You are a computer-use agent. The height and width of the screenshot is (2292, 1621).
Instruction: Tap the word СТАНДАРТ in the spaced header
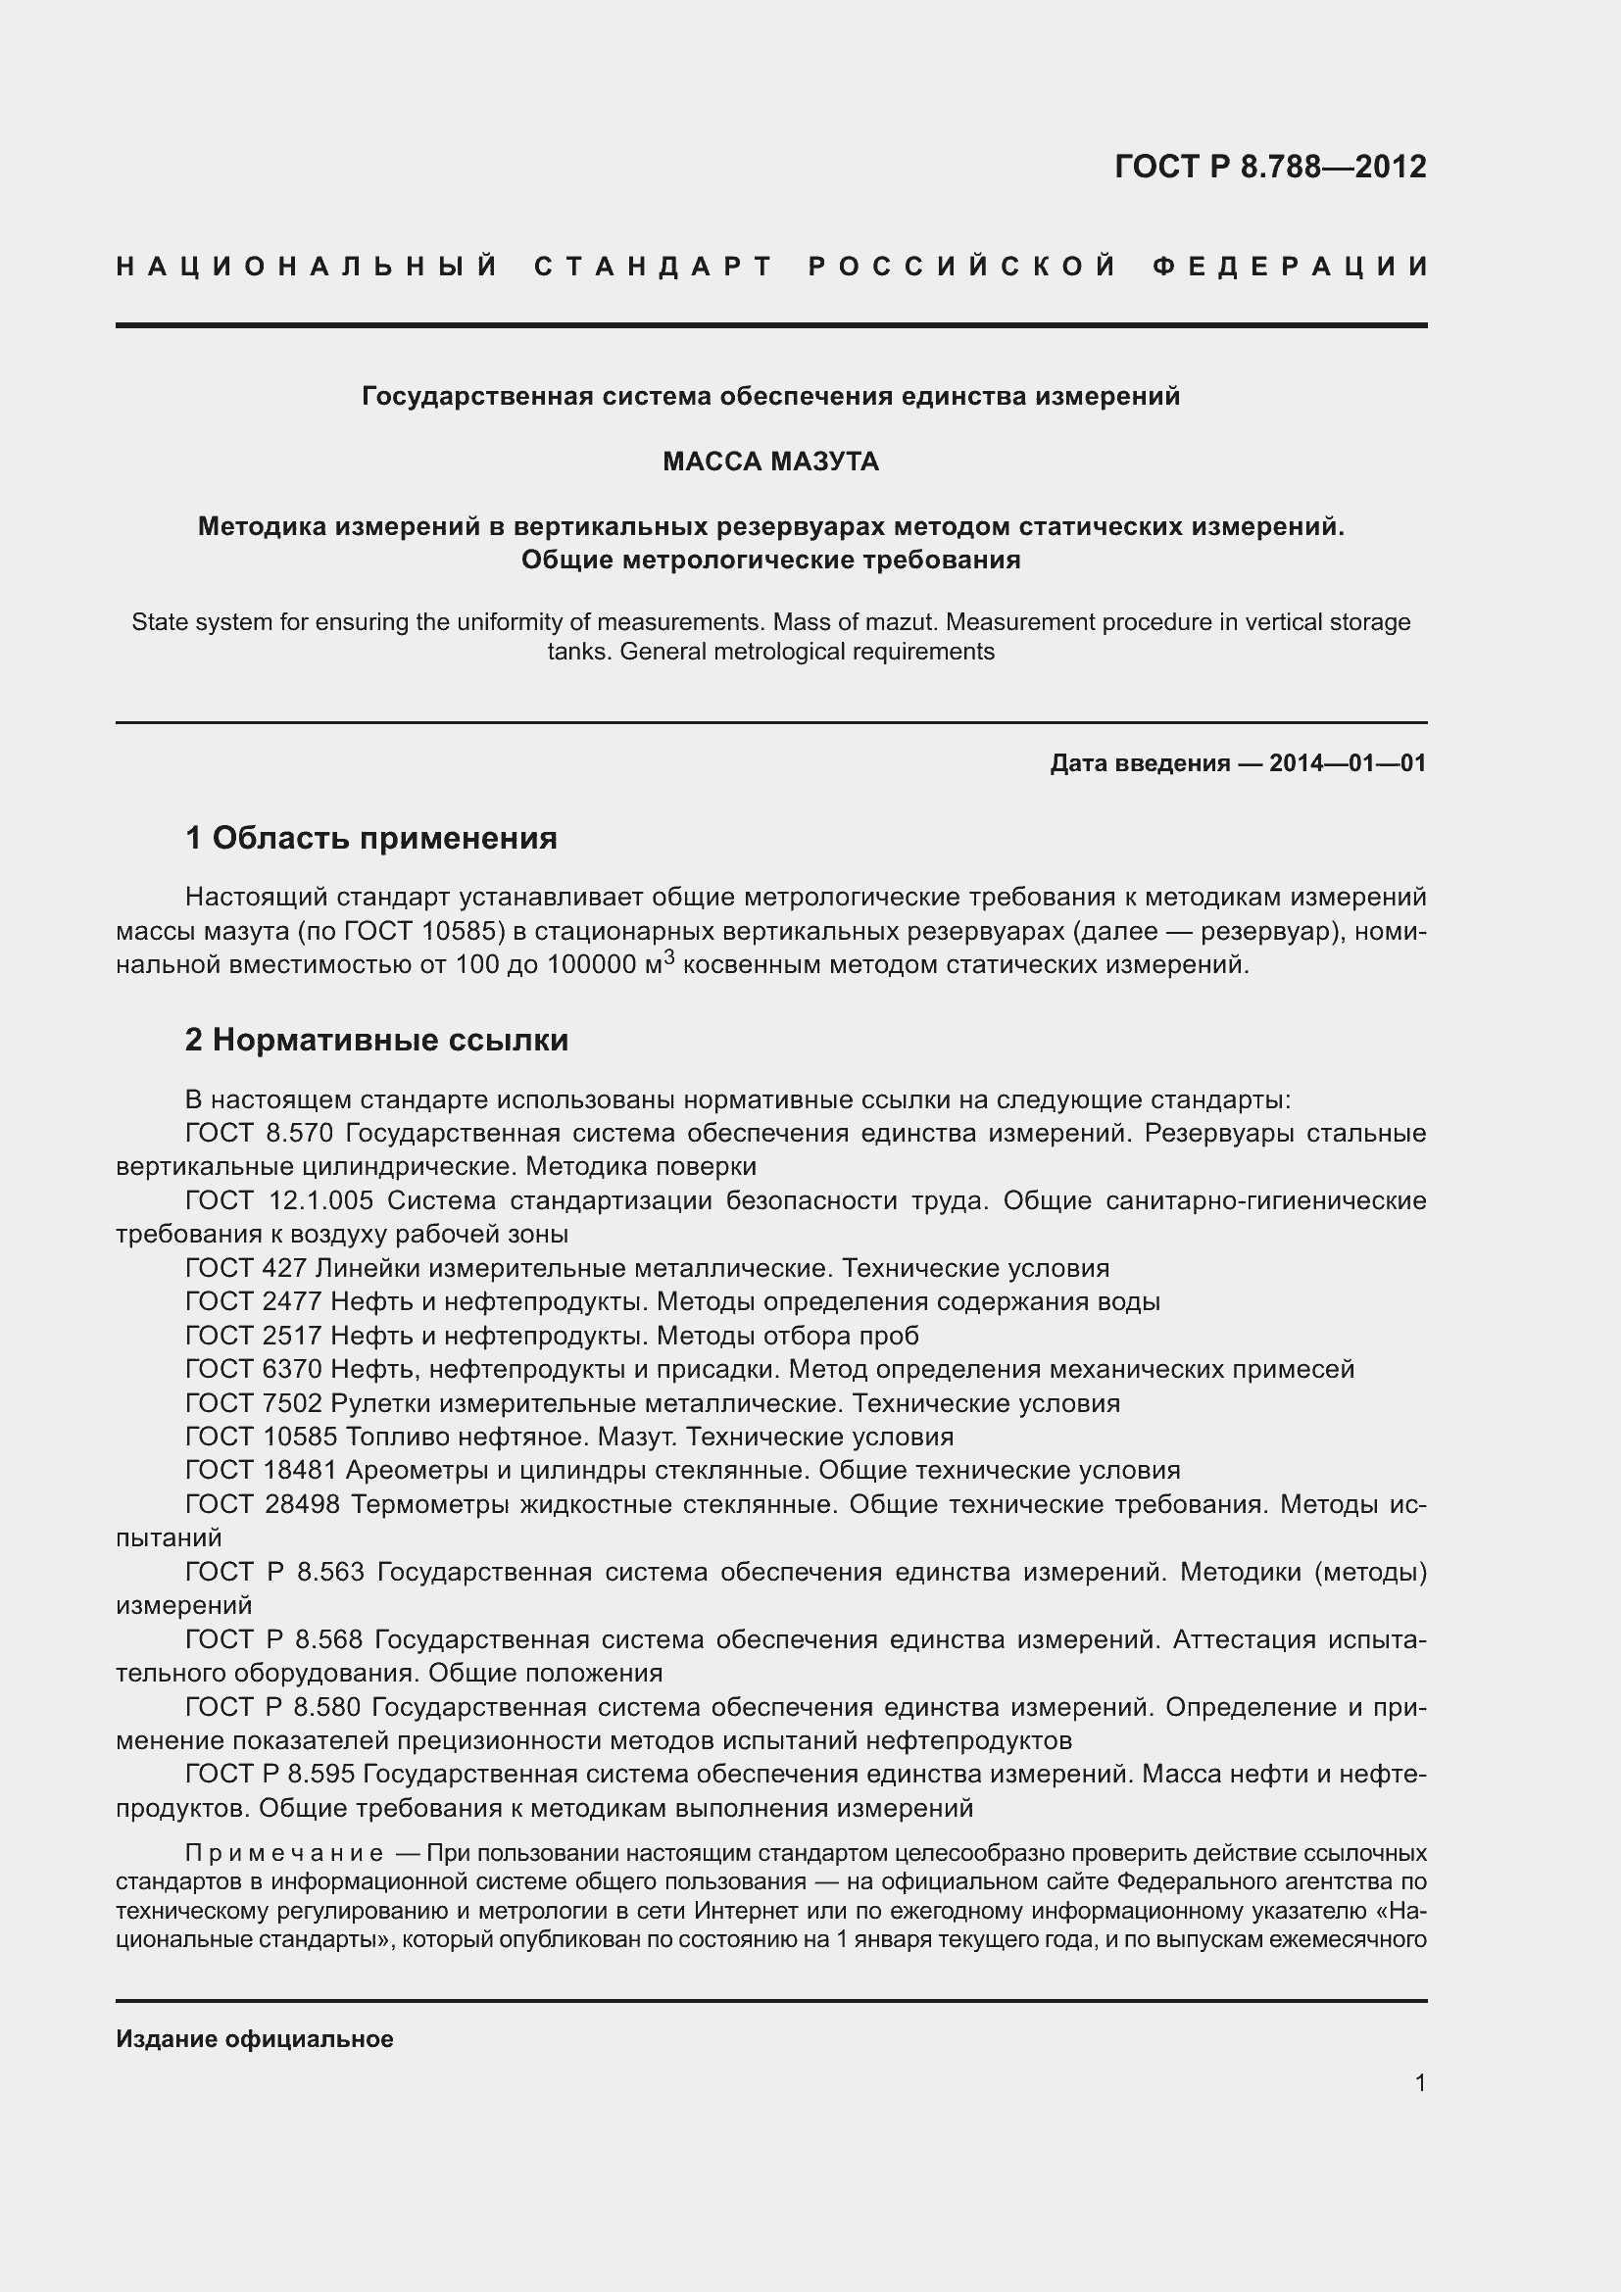pos(654,267)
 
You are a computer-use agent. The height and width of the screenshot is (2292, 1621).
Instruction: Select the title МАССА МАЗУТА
pos(770,462)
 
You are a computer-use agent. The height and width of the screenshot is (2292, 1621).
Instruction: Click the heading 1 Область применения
pos(371,838)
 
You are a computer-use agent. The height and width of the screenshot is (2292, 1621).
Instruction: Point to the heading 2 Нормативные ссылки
pos(377,1041)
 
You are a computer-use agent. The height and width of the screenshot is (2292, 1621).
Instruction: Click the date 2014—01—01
pos(1347,763)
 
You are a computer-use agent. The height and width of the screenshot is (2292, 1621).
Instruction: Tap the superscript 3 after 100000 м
pos(669,956)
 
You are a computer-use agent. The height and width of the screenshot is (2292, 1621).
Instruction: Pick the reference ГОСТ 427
pos(247,1268)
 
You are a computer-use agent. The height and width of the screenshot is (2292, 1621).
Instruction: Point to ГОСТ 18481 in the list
pos(262,1470)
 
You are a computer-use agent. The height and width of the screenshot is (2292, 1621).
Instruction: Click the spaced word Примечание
pos(284,1854)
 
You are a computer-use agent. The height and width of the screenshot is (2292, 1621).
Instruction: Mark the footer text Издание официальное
pos(255,2039)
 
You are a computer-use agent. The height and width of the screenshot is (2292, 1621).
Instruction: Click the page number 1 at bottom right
pos(1419,2083)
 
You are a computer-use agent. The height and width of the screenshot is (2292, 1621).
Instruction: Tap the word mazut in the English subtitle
pos(903,622)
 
